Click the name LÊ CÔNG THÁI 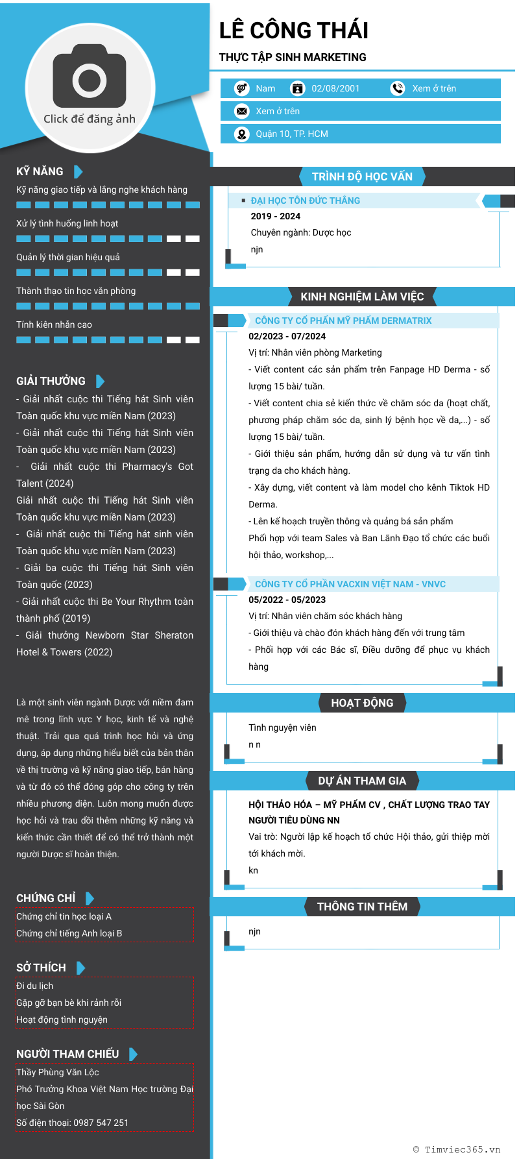[x=293, y=30]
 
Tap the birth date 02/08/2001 [x=335, y=88]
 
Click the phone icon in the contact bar [x=397, y=88]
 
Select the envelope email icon [x=242, y=111]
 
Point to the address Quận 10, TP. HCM [x=291, y=134]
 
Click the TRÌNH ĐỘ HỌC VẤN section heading [x=362, y=177]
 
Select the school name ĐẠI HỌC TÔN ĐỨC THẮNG [x=305, y=201]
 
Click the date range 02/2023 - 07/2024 [x=287, y=336]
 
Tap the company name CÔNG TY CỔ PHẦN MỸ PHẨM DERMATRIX [x=343, y=321]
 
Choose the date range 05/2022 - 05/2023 [x=287, y=600]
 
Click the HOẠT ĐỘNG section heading [x=362, y=703]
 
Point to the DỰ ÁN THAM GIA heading [x=362, y=781]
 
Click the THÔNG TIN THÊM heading [x=362, y=907]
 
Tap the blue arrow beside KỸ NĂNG [x=78, y=171]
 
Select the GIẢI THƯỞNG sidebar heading [x=51, y=381]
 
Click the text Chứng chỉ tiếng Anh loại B [x=69, y=933]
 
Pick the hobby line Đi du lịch [x=35, y=986]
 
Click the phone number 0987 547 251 [x=101, y=1123]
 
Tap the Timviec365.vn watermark [x=457, y=1149]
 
